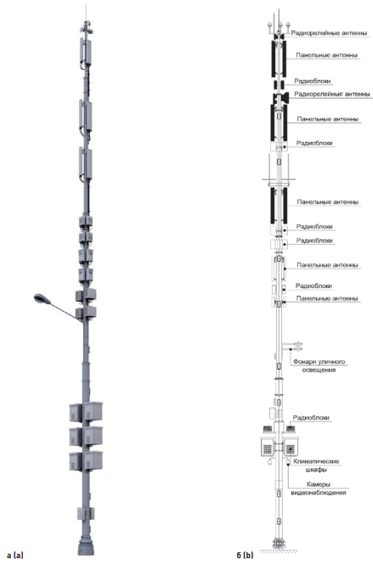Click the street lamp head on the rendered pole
(x=40, y=298)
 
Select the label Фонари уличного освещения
(x=319, y=365)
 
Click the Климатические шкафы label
(x=316, y=466)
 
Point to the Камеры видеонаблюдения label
(x=319, y=489)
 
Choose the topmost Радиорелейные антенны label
(x=329, y=33)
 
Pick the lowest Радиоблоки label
(x=311, y=418)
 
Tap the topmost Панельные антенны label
(x=327, y=55)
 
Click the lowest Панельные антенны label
(x=327, y=298)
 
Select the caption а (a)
(x=14, y=555)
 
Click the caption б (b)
(x=245, y=555)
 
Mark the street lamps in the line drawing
(x=297, y=347)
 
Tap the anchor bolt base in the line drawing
(x=278, y=544)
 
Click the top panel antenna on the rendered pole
(x=85, y=52)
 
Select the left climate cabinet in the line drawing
(x=268, y=447)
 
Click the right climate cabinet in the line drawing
(x=291, y=447)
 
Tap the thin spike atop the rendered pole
(x=86, y=13)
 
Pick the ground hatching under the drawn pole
(x=279, y=551)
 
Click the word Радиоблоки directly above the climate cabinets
(x=311, y=418)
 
